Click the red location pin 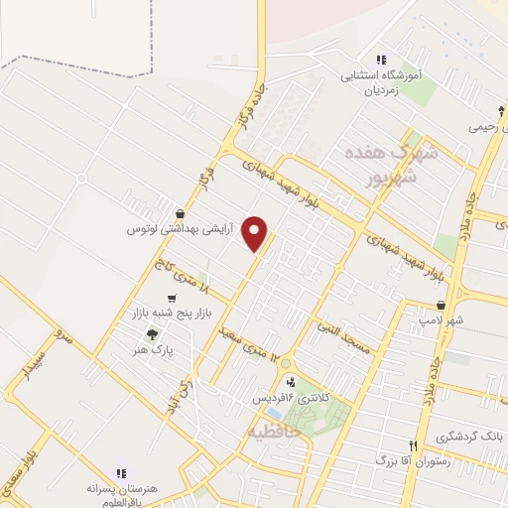[257, 233]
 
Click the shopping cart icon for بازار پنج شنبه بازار [173, 298]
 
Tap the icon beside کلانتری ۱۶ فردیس [290, 382]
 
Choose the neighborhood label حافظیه [269, 433]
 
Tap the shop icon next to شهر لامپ [454, 305]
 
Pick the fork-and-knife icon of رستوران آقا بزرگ [413, 445]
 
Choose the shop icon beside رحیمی [502, 111]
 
